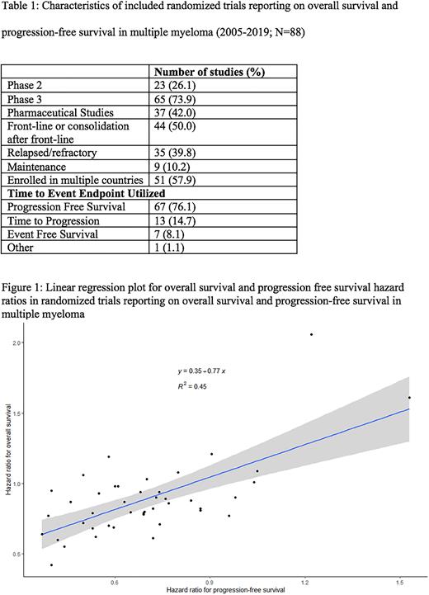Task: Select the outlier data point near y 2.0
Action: (x=311, y=334)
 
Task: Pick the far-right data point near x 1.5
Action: (x=409, y=398)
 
